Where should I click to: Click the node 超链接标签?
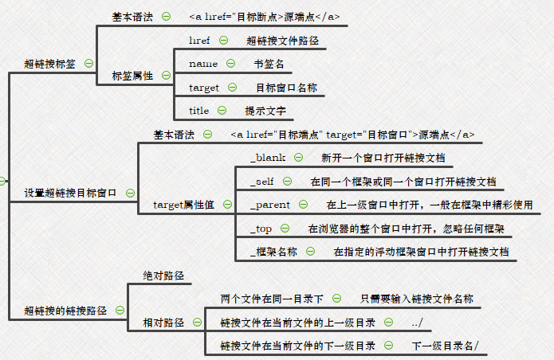coord(50,64)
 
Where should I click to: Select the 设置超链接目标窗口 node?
coord(70,193)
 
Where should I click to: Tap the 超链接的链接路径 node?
coord(65,311)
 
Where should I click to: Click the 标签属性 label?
coord(132,76)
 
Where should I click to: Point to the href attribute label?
coord(199,40)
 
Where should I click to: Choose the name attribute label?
coord(203,64)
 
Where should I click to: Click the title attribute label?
coord(199,111)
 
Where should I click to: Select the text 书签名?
coord(269,64)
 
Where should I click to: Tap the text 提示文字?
coord(265,111)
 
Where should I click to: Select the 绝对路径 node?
coord(163,276)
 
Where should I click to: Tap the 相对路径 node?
coord(163,323)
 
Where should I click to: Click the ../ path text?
coord(417,323)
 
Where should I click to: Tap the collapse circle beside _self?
coord(288,182)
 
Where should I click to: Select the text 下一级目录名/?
coord(446,346)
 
